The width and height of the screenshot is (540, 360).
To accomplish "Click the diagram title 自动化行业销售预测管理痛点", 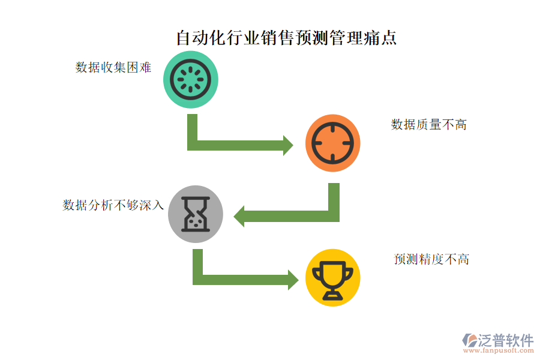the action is pos(287,38).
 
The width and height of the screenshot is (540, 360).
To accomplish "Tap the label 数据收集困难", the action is pos(113,67).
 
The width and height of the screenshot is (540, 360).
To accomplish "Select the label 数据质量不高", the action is pos(429,124).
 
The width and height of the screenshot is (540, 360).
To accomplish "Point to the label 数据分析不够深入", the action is pos(113,205).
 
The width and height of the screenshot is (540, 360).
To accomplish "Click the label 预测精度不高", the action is pos(431,259).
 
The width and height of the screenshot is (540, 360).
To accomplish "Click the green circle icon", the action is pos(190,80).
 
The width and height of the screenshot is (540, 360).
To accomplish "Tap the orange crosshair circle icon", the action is pos(332,143).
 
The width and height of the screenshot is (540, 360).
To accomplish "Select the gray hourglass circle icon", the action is pos(195,214).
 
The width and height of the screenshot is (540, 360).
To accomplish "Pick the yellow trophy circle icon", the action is pos(332,278).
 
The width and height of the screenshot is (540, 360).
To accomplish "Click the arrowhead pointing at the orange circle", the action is pos(288,145).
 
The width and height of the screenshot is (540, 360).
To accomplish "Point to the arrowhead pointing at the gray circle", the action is pos(239,217).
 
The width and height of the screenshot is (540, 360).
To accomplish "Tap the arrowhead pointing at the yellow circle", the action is pos(293,280).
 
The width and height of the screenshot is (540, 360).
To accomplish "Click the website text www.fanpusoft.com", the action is pos(499,350).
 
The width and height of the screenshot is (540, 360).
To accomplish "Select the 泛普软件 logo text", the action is pos(506,340).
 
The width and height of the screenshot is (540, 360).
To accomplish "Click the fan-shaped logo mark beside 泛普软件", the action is pos(469,340).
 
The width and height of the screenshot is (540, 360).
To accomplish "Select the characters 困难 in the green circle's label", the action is pos(139,67).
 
